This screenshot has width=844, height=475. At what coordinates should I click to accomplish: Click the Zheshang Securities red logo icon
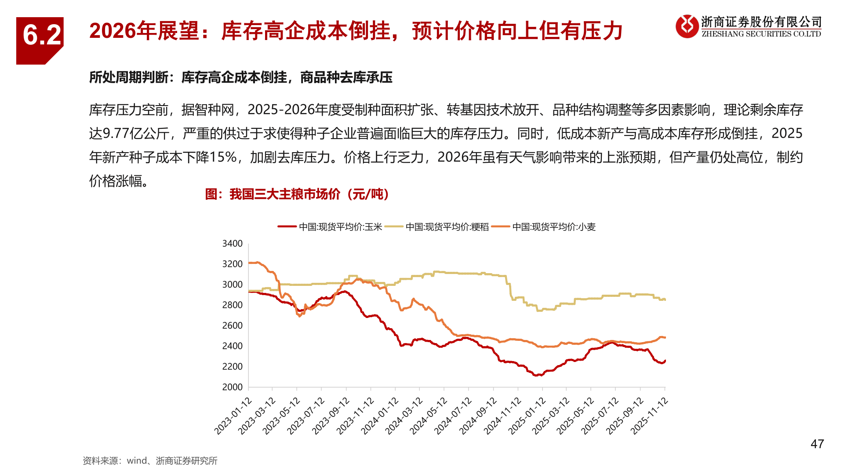coord(687,26)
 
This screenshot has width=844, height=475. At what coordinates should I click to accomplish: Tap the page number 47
coord(817,444)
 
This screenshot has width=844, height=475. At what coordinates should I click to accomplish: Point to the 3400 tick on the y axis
coord(232,244)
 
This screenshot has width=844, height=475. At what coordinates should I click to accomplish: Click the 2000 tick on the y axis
coord(232,387)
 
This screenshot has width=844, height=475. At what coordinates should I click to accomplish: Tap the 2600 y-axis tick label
coord(232,325)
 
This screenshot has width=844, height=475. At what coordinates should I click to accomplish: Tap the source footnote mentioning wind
coord(150,460)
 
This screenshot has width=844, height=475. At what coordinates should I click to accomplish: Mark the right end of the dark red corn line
coord(665,361)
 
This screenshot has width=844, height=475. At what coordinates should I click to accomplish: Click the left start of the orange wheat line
coord(249,263)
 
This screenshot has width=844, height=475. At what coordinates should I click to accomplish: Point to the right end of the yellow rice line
coord(665,300)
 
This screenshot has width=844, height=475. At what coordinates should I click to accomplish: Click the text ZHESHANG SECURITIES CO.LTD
coord(761,34)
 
